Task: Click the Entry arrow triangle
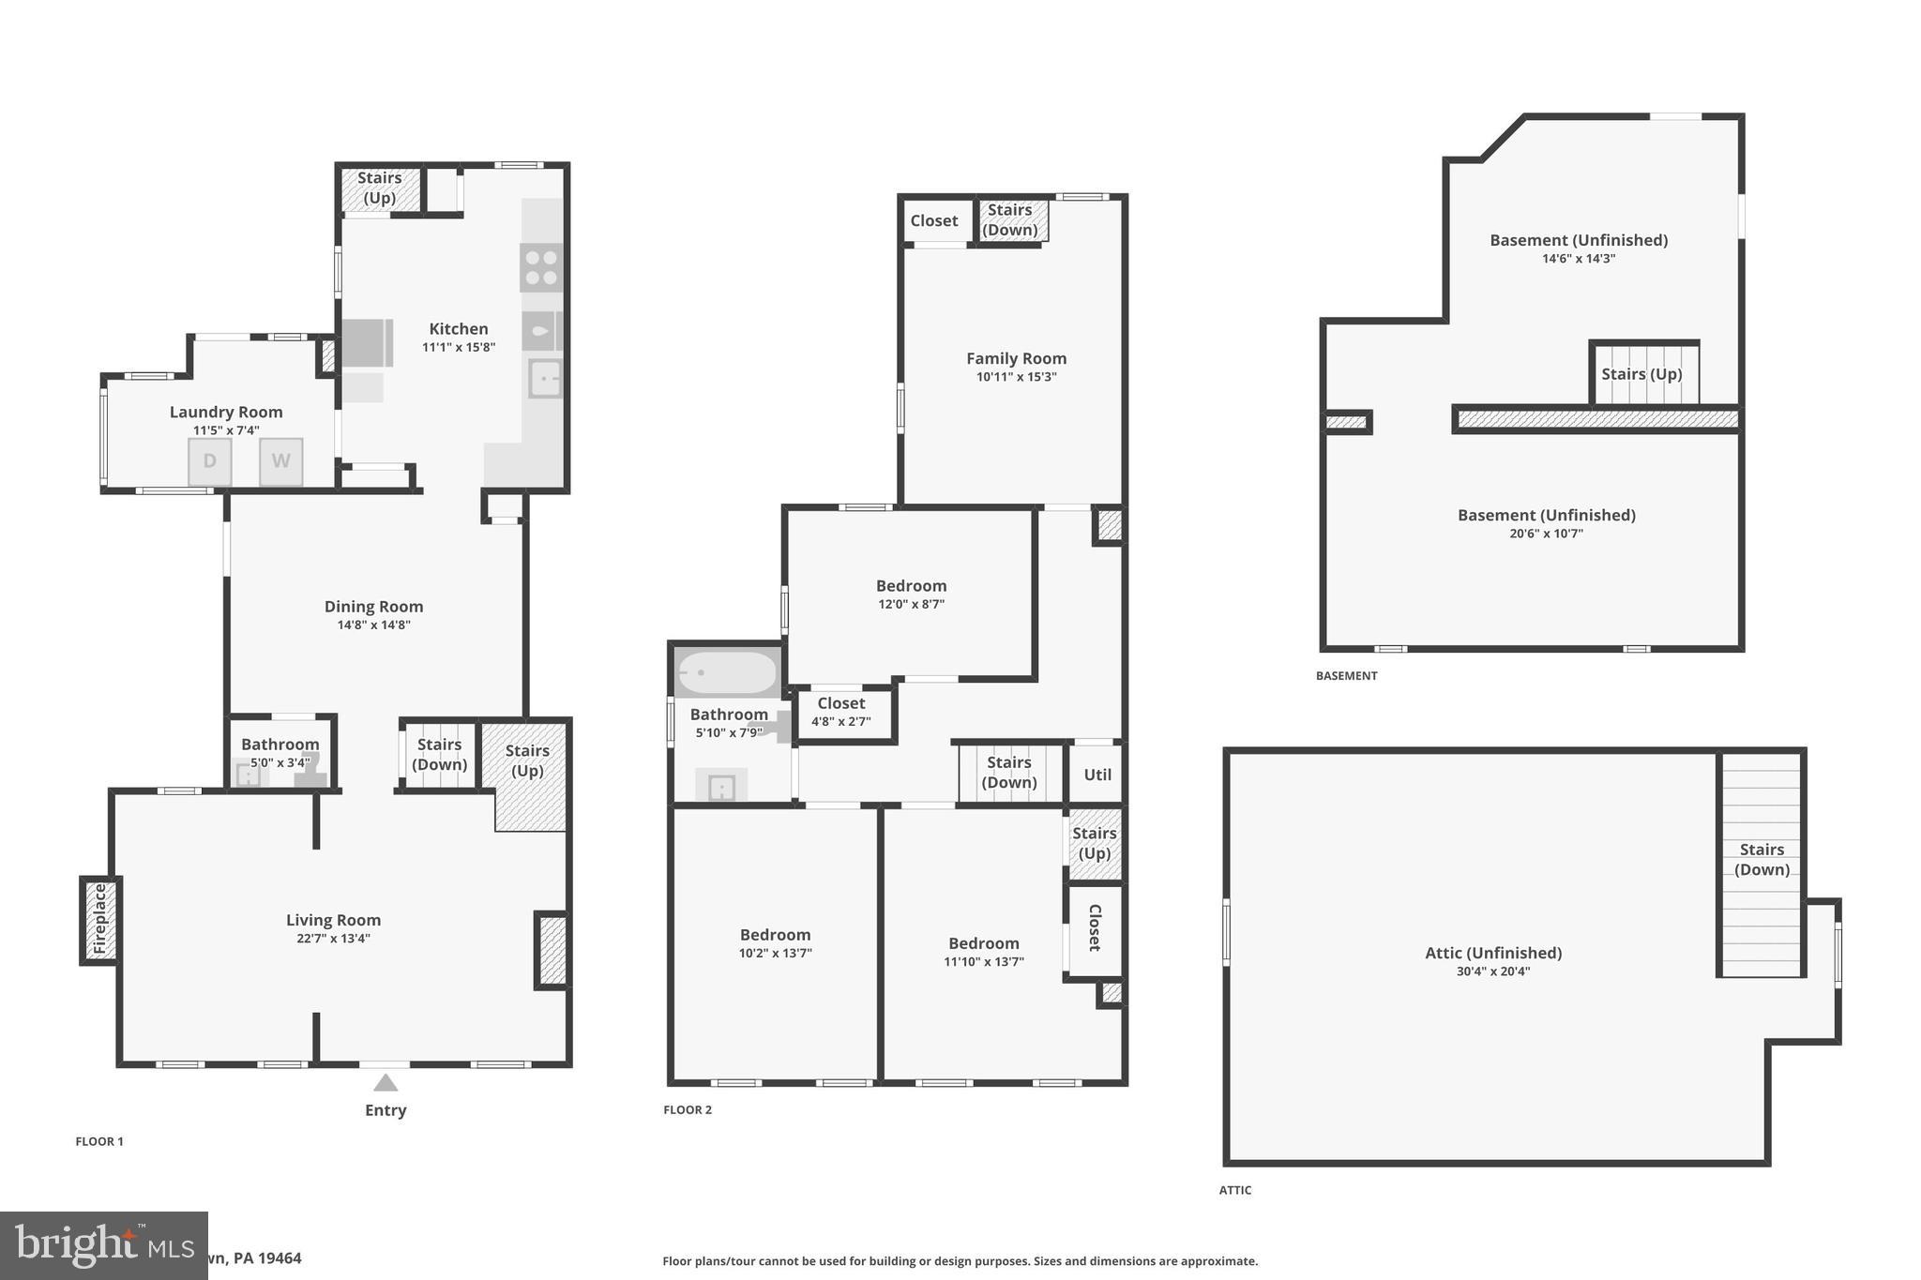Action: [386, 1083]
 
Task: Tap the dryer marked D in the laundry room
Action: [210, 461]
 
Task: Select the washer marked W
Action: [281, 461]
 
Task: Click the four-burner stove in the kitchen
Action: [541, 266]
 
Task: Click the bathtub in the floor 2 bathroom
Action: [728, 672]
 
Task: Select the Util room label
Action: [1097, 775]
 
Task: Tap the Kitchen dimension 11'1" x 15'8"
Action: [459, 347]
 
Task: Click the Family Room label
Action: [1016, 358]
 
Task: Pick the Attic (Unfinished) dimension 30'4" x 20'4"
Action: [1492, 971]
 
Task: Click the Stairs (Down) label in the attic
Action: [1762, 859]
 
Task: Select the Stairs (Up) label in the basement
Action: [1641, 374]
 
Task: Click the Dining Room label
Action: [373, 607]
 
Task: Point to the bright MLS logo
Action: [103, 1245]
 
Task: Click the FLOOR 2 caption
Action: [688, 1110]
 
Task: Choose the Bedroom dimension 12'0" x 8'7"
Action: [911, 604]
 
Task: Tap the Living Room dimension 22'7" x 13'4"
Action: [333, 939]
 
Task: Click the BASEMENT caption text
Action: [1346, 676]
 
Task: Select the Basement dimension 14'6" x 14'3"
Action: [1579, 259]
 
